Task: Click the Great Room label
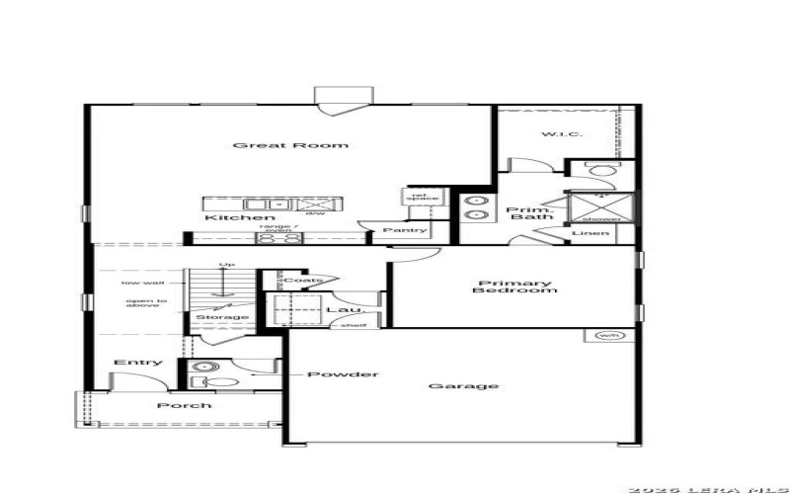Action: tap(290, 145)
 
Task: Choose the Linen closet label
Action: tap(597, 234)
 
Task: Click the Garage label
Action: tap(463, 385)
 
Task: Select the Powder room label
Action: tap(343, 374)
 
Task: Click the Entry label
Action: tap(138, 363)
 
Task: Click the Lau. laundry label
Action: tap(338, 310)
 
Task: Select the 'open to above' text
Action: tap(145, 304)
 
